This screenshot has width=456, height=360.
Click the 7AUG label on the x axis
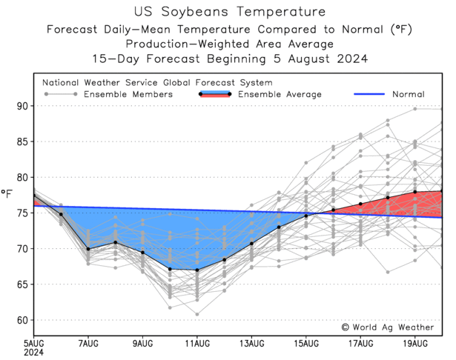click(x=88, y=343)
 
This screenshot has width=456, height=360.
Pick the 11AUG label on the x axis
click(x=197, y=343)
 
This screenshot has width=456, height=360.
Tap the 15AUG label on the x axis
click(x=306, y=343)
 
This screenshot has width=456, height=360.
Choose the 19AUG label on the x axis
click(x=415, y=343)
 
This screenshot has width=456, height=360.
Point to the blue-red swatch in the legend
click(x=216, y=94)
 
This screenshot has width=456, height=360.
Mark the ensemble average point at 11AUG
click(x=197, y=270)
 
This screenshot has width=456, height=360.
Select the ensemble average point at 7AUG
click(x=88, y=249)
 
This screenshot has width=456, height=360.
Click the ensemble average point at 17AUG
click(x=360, y=204)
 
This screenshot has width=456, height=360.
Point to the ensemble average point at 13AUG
click(x=252, y=243)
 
